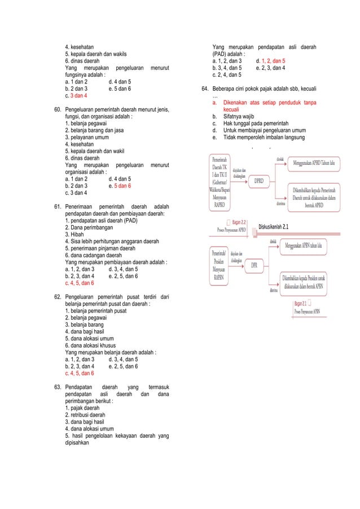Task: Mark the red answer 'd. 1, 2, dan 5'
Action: (270, 60)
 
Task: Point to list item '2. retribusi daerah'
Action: (85, 414)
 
